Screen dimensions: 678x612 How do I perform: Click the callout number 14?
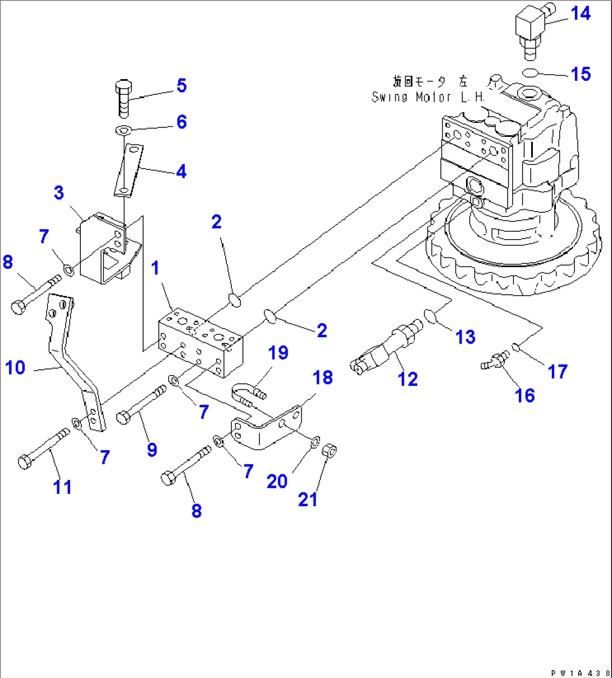(x=581, y=13)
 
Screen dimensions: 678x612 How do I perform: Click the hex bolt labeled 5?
(x=124, y=98)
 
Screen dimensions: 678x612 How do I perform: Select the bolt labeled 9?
(x=141, y=404)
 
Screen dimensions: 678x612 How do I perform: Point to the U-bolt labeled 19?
(x=246, y=393)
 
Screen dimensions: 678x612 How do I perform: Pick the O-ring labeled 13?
(x=431, y=316)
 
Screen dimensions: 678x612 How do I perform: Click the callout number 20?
(x=277, y=481)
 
